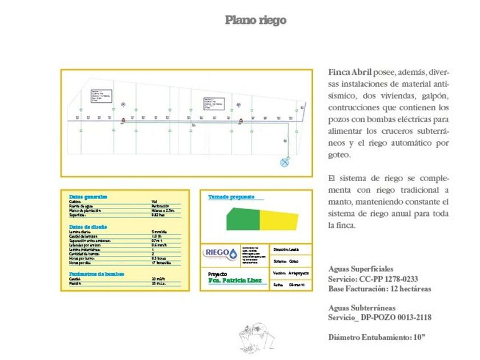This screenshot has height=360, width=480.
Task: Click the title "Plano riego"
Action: pyautogui.click(x=255, y=21)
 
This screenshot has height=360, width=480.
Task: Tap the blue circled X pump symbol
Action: pyautogui.click(x=283, y=162)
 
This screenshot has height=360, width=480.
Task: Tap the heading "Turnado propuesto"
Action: pyautogui.click(x=228, y=197)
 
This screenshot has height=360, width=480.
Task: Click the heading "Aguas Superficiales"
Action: pyautogui.click(x=361, y=269)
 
